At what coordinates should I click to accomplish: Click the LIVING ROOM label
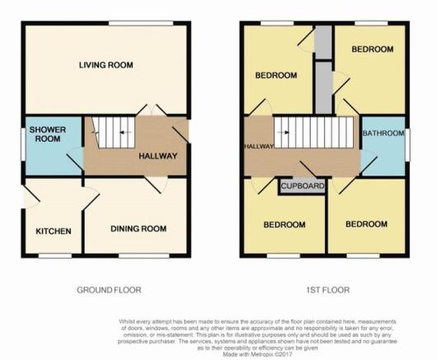(106, 65)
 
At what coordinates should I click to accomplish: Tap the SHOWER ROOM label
(48, 134)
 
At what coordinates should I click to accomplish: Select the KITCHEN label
(54, 231)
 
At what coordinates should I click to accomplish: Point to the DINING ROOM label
(139, 229)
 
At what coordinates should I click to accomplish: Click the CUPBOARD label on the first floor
(303, 185)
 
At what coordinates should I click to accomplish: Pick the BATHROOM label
(383, 133)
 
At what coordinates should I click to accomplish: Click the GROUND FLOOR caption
(109, 290)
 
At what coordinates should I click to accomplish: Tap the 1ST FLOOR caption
(328, 290)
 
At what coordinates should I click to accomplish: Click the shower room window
(23, 144)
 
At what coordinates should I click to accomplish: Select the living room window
(141, 23)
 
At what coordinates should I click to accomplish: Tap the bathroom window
(407, 145)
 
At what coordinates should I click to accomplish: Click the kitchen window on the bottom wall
(55, 255)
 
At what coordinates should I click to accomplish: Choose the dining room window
(143, 255)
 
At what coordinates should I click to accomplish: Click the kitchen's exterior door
(31, 197)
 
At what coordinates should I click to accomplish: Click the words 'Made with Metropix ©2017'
(257, 354)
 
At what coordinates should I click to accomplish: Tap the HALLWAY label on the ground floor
(158, 156)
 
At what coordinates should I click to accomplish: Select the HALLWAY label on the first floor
(259, 146)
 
